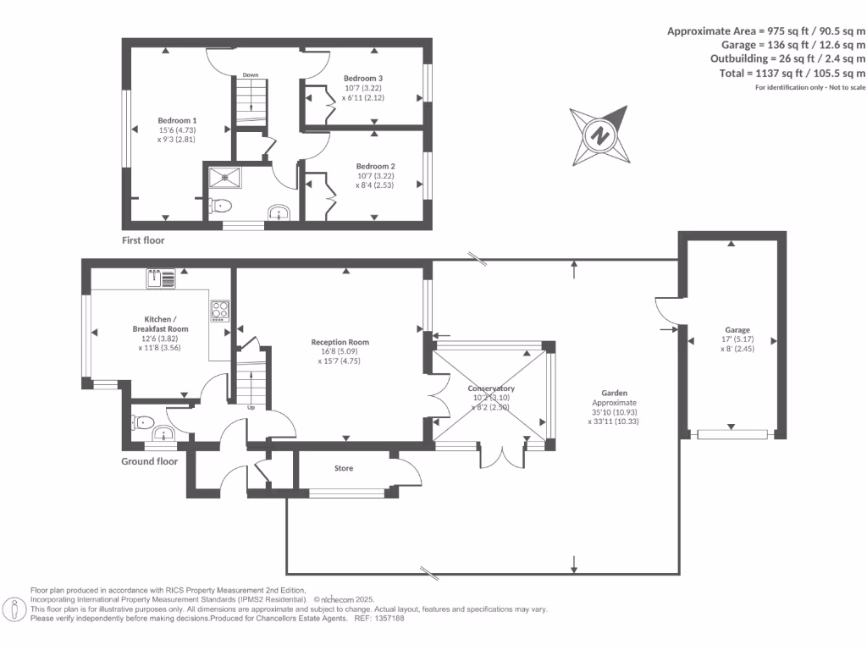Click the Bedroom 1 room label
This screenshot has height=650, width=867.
coord(177,120)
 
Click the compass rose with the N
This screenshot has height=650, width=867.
coord(600,135)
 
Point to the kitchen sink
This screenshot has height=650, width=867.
coord(161,277)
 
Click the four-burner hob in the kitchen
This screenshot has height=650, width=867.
coord(219,311)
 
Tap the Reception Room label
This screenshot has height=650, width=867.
coord(345,343)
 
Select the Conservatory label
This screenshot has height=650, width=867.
coord(491,388)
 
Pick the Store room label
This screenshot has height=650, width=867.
coord(343,468)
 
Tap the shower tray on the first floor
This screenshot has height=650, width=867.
coord(226,177)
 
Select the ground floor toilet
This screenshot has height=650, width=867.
coord(143,421)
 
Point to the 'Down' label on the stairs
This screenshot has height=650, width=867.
coord(250,75)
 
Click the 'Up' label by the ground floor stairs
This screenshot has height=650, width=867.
coord(251,408)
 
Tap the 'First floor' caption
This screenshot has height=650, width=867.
coord(142,240)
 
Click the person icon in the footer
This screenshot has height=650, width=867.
coord(14,608)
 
